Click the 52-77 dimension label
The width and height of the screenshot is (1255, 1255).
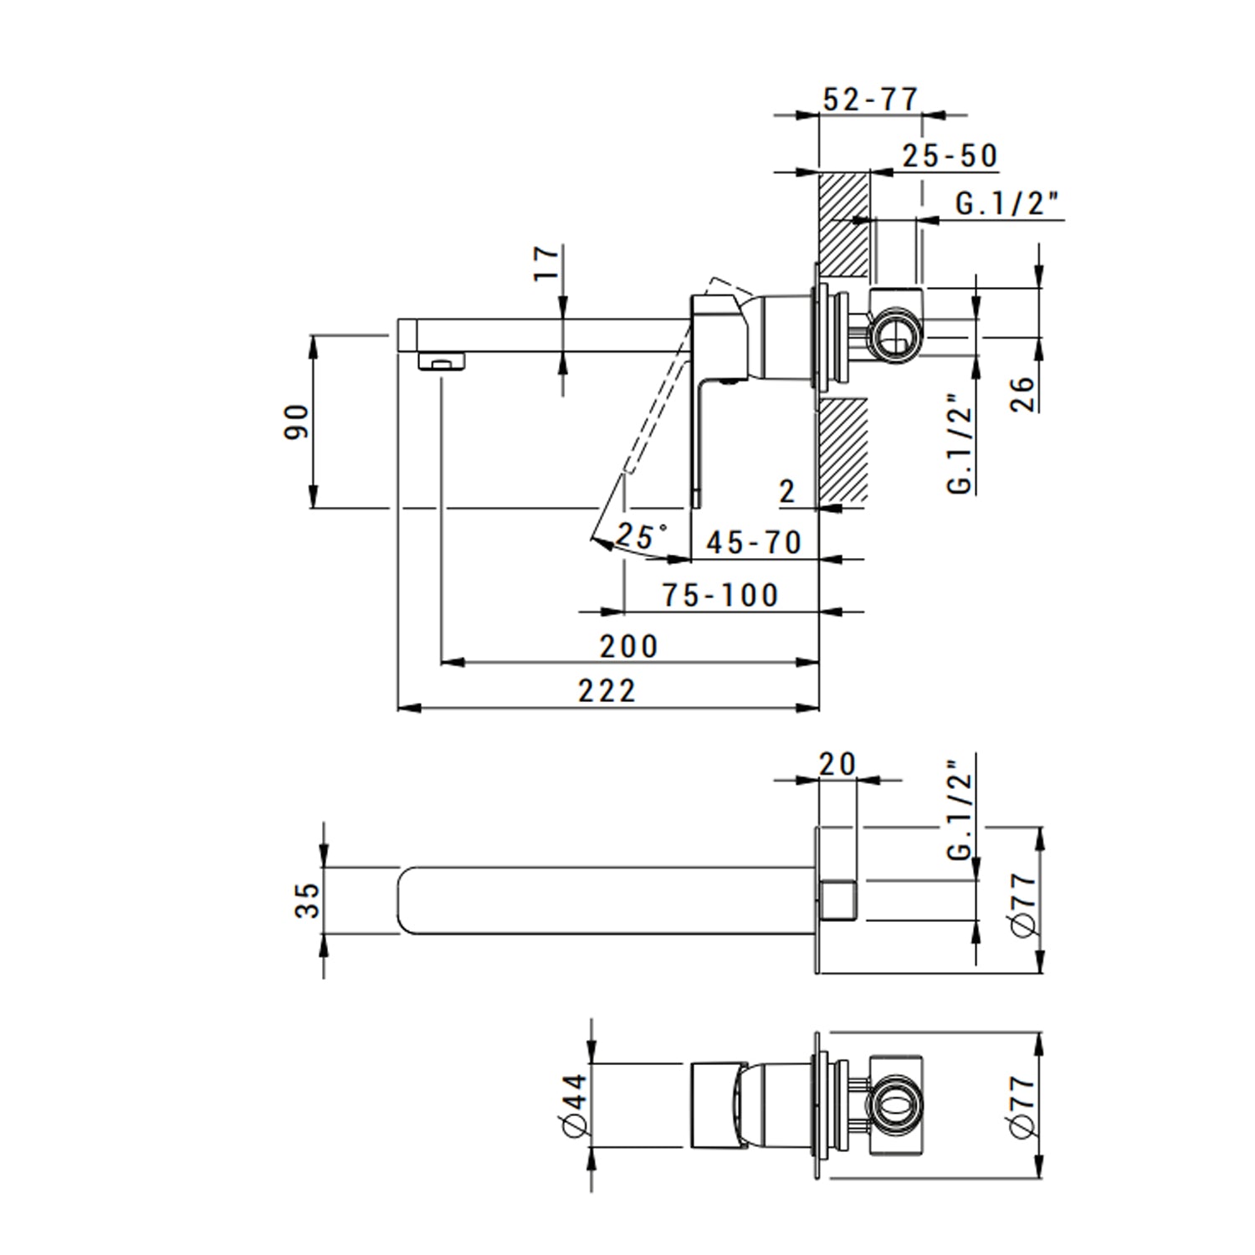point(870,100)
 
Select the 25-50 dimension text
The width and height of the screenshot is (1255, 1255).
point(950,156)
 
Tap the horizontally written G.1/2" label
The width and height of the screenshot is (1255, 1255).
point(1007,203)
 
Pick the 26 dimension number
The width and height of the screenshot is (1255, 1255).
point(1022,394)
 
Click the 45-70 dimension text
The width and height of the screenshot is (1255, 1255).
point(754,543)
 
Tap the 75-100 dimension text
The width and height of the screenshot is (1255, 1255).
point(720,596)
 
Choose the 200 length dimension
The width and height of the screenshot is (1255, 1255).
point(629,647)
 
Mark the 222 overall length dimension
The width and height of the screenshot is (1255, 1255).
point(607,692)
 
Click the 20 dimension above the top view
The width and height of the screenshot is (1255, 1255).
point(838,764)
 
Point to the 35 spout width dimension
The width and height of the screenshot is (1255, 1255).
point(308,900)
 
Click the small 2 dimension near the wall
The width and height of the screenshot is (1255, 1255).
point(786,492)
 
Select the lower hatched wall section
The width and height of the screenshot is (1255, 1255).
point(843,452)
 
